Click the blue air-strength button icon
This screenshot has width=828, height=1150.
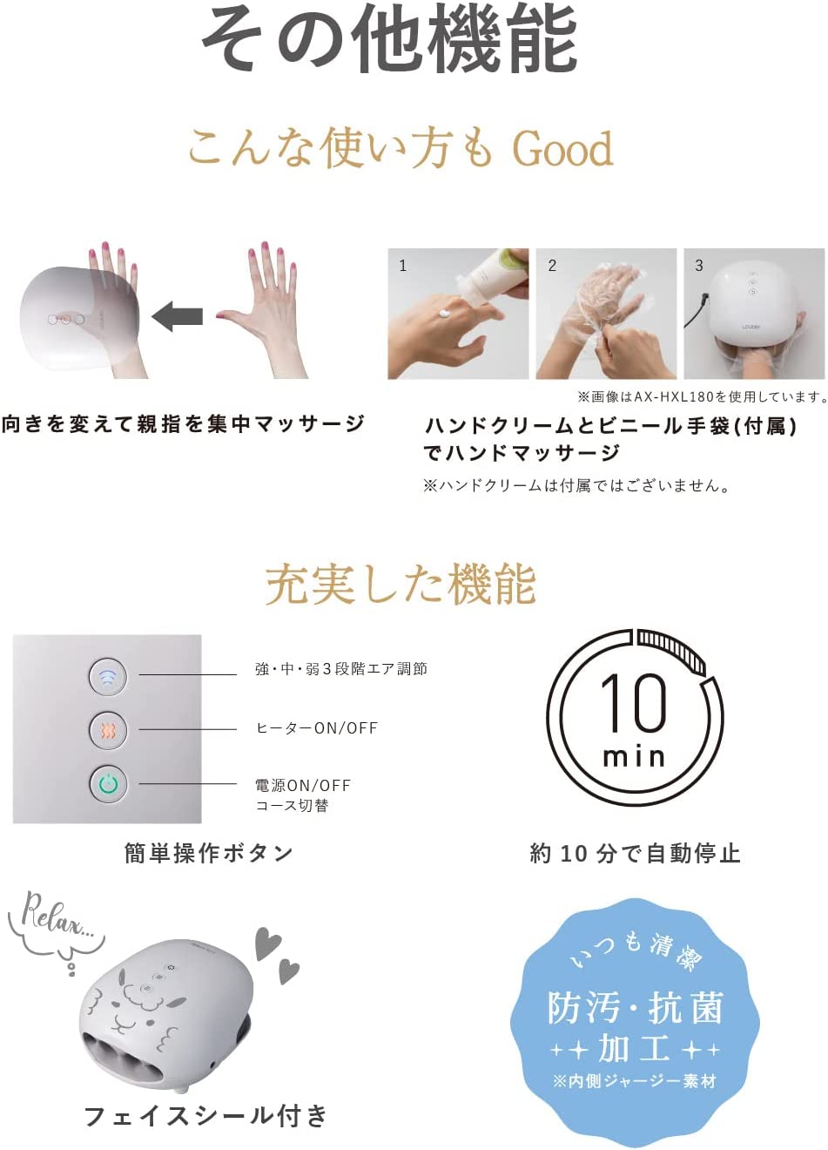point(108,676)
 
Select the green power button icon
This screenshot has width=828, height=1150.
point(108,783)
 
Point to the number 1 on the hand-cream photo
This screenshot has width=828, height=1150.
point(403,266)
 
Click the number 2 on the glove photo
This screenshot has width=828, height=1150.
point(552,266)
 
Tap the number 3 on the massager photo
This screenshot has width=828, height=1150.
point(699,266)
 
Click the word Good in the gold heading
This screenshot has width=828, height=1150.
point(562,148)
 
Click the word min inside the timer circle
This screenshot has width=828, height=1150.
point(634,757)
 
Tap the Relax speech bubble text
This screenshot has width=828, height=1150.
point(57,920)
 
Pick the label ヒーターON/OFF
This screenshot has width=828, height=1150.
point(317,728)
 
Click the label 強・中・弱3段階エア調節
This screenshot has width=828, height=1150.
point(341,669)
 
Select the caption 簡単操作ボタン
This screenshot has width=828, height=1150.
point(208,853)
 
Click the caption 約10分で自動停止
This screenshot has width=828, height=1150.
point(635,853)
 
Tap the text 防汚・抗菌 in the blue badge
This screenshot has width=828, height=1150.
point(635,1008)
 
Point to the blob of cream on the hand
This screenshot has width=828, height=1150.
point(444,313)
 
